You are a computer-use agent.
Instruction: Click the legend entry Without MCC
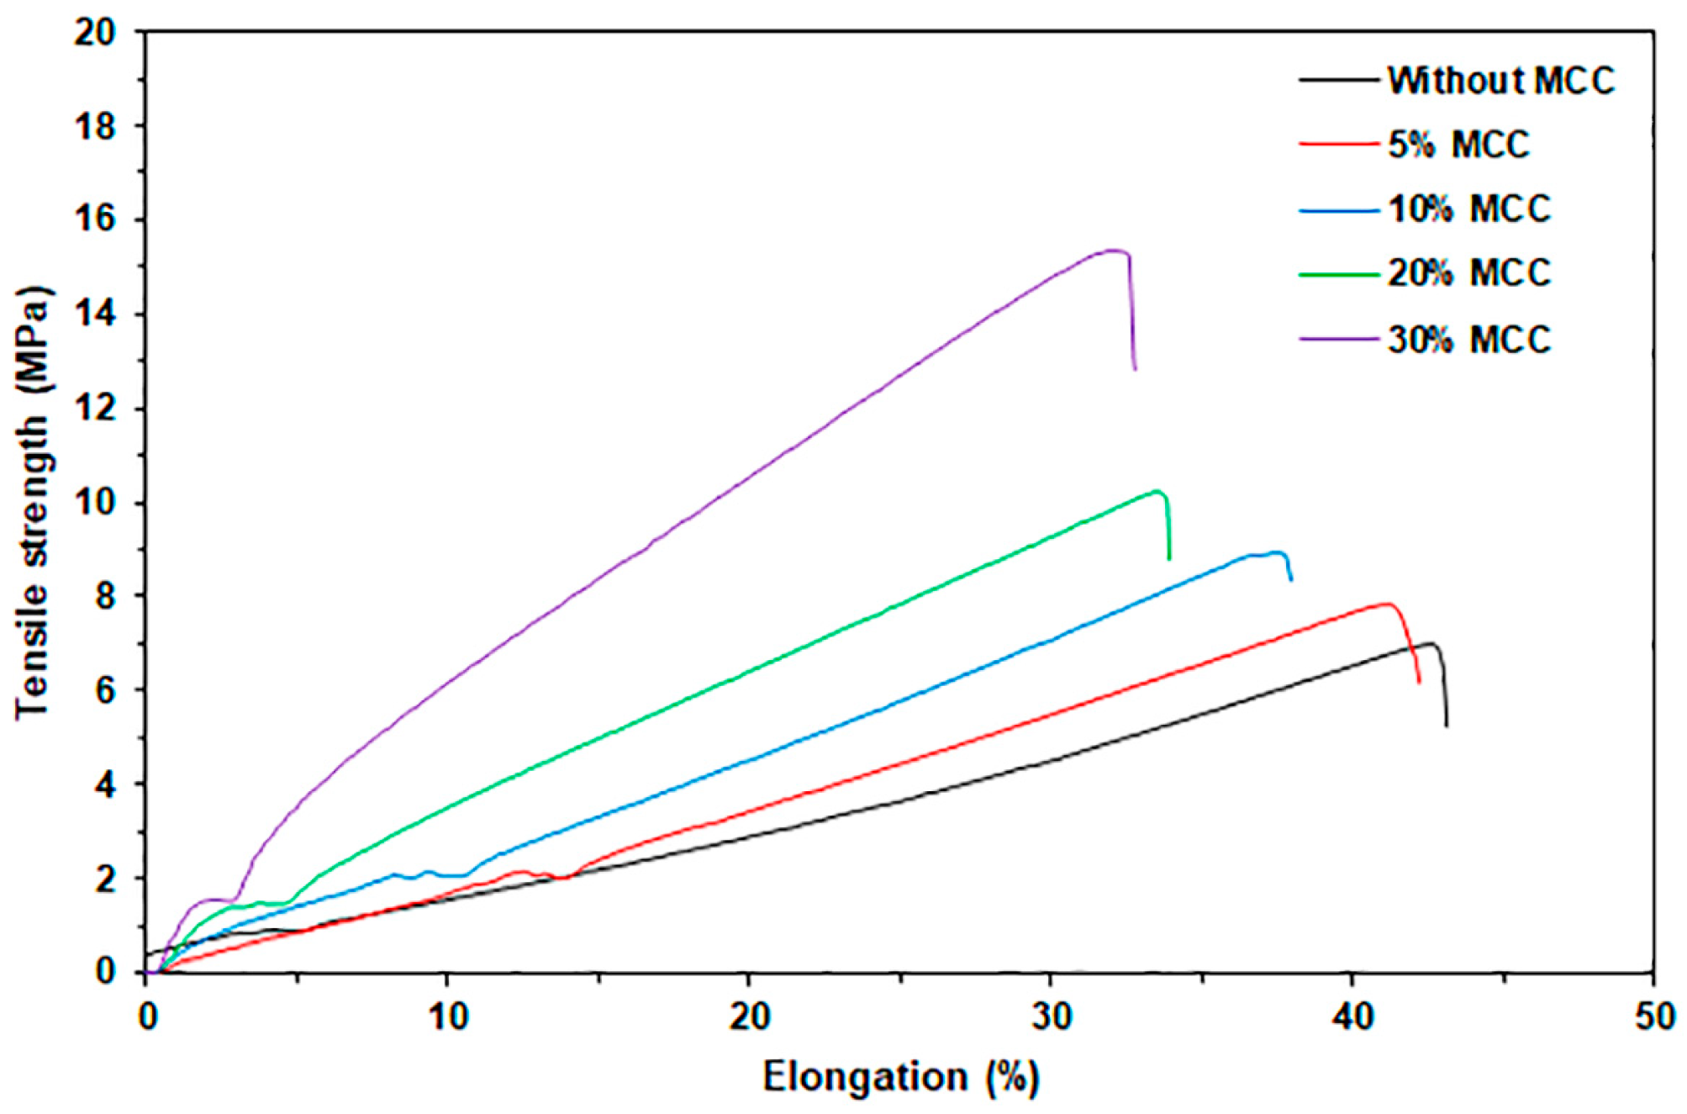point(1500,81)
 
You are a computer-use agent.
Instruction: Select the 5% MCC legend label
point(1458,145)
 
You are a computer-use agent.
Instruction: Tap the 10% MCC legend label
point(1468,209)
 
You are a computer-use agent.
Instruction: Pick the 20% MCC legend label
point(1468,273)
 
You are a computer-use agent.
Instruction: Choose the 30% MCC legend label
point(1468,340)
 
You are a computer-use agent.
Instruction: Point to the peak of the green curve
point(1157,491)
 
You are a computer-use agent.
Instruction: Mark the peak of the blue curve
point(1278,552)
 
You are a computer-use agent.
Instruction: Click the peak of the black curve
point(1431,643)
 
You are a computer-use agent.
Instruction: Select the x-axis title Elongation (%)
point(900,1077)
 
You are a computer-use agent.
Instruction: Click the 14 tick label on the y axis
point(94,314)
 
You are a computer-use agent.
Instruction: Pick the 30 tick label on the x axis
point(1051,1017)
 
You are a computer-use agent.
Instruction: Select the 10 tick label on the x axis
point(448,1017)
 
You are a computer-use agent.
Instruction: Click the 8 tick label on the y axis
point(105,596)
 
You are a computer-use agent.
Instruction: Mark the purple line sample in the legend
point(1338,340)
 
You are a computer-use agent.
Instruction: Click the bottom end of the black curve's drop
point(1447,726)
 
